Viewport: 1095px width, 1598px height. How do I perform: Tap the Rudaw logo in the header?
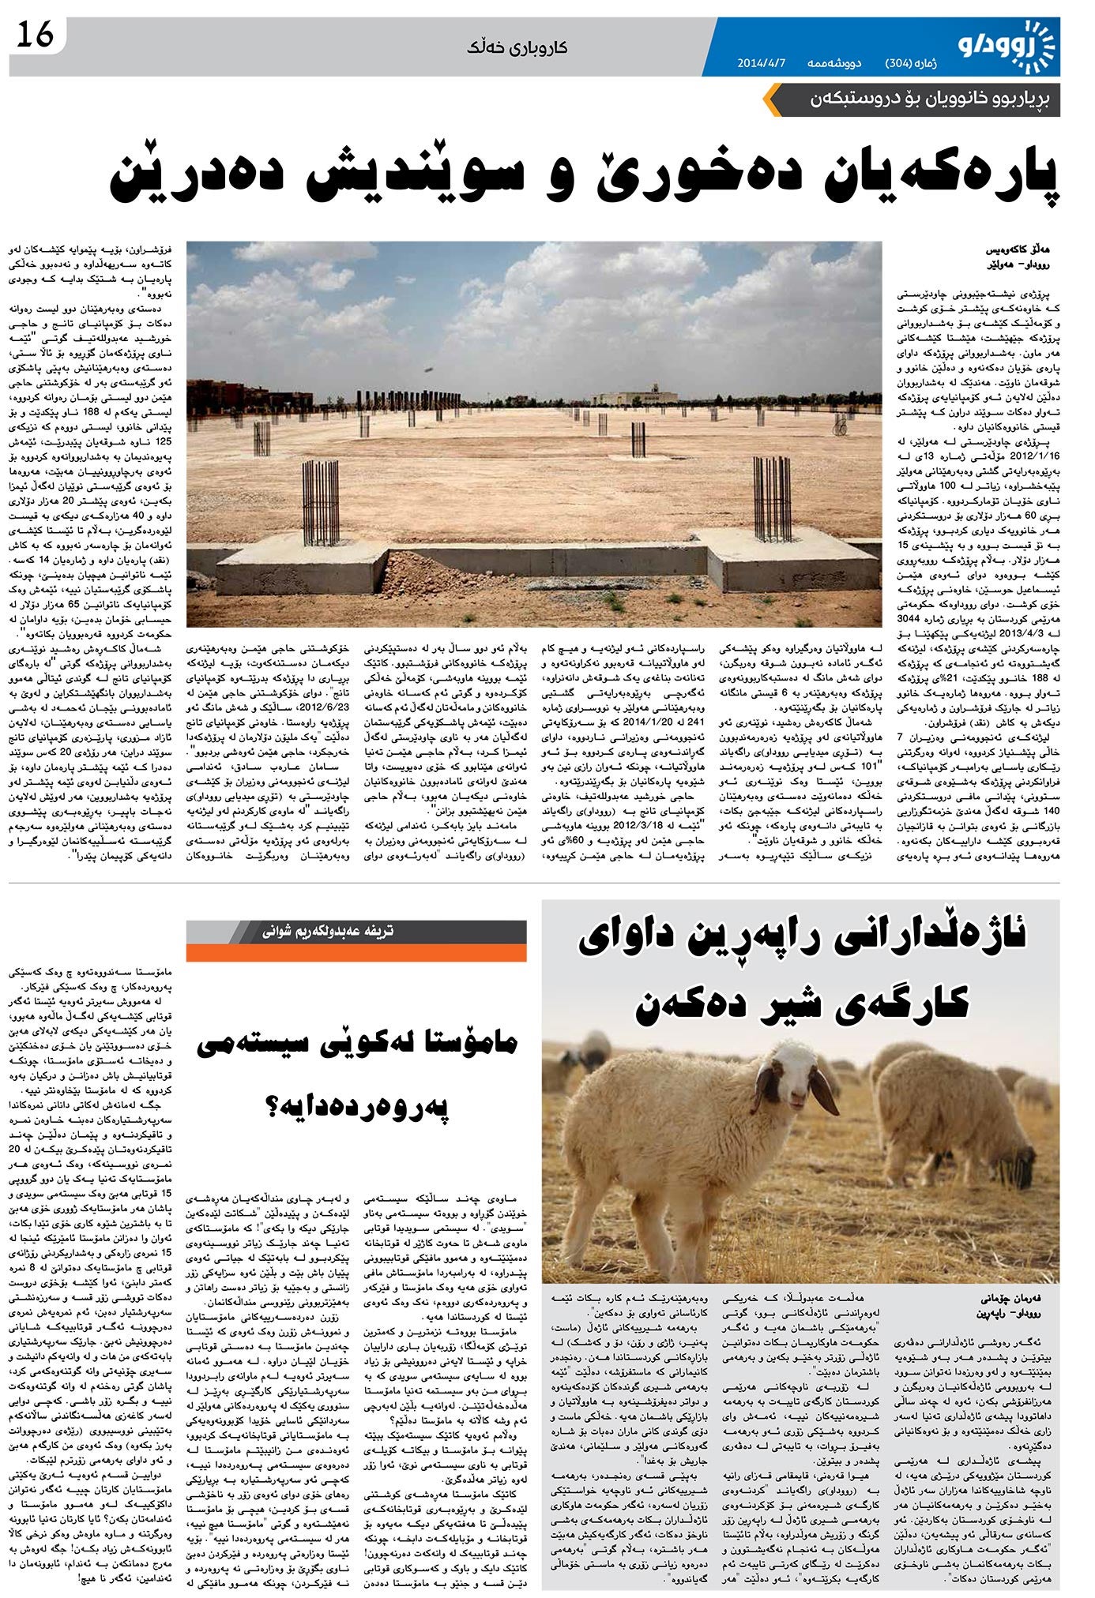(x=1007, y=45)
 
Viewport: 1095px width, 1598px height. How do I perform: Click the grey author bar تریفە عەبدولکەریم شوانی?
(x=356, y=932)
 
